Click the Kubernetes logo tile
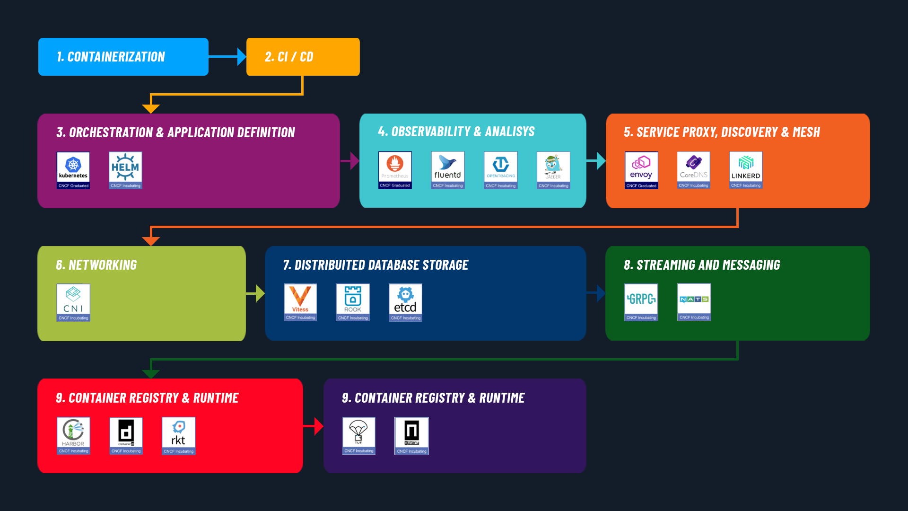73,170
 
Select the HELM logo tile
125,170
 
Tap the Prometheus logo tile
395,170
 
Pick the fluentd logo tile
447,170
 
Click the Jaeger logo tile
553,170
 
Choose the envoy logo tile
641,170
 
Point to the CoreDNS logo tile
693,170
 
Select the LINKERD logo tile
746,170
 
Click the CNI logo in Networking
73,302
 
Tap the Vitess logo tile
300,302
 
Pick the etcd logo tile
405,302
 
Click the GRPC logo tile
641,302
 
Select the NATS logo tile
694,302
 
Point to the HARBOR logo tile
73,435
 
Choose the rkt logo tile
178,435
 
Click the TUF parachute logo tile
358,435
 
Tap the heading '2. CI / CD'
289,57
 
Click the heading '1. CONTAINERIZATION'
111,57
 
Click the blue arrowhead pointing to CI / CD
241,57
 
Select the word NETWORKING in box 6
103,265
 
